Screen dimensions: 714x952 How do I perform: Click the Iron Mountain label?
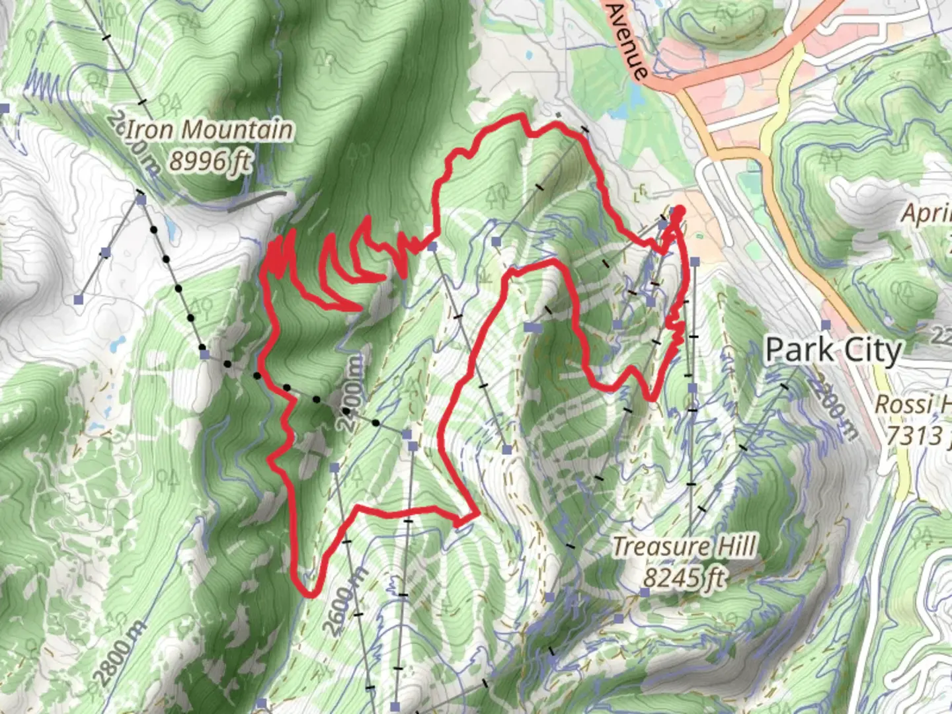tap(209, 130)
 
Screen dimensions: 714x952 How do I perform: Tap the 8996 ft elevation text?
tap(210, 161)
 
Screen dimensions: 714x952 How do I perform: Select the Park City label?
tap(833, 350)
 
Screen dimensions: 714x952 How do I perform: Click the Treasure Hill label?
tap(684, 547)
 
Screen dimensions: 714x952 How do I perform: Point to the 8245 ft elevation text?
tap(684, 578)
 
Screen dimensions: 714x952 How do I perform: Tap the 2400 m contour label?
tap(352, 394)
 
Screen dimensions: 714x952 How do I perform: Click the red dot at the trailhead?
tap(678, 212)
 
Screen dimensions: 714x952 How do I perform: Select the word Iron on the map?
tap(150, 130)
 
